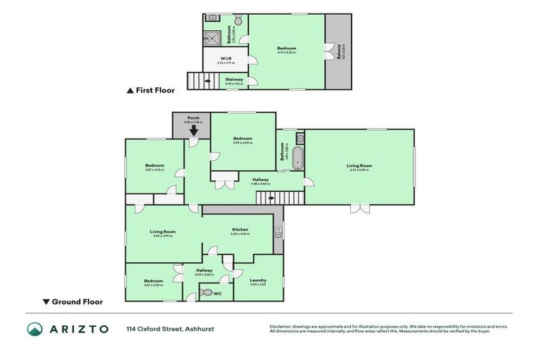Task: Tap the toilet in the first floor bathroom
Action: [x=238, y=20]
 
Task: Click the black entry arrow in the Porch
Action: [x=193, y=130]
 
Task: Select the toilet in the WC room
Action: [x=207, y=292]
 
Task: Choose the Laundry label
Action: [x=258, y=280]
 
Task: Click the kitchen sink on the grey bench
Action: [x=278, y=229]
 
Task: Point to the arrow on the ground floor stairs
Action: [x=271, y=198]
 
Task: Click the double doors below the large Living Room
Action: [x=359, y=208]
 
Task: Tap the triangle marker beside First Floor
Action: [x=129, y=91]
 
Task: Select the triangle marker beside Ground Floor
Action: [x=46, y=302]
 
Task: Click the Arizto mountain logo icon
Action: [x=35, y=329]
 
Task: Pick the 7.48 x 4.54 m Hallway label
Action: [x=260, y=181]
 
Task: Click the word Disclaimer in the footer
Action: [x=282, y=326]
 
